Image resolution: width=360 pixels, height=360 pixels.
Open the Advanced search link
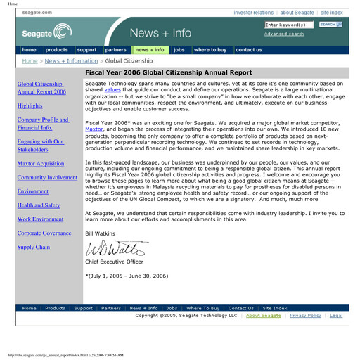tap(284, 34)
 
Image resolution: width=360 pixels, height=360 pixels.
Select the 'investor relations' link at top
tap(253, 13)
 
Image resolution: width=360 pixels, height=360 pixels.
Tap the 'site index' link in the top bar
tap(332, 13)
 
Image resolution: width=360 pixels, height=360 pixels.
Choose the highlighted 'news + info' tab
tap(149, 50)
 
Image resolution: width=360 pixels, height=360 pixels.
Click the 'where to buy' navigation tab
tap(210, 50)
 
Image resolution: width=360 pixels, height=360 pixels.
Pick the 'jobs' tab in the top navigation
tap(179, 50)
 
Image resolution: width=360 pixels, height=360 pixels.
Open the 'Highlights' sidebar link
tap(30, 105)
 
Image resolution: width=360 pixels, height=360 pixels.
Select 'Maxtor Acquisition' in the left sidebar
tap(40, 163)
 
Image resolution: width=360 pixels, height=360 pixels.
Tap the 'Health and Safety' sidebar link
tap(38, 205)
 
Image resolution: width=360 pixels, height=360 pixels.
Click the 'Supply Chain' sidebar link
tap(34, 247)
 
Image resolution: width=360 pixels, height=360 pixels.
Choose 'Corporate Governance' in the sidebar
tap(44, 233)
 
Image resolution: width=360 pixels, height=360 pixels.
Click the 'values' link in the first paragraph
tap(112, 91)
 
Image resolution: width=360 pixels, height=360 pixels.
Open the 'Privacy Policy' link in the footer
tap(305, 316)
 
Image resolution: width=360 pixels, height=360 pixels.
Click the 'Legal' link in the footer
tap(336, 316)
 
